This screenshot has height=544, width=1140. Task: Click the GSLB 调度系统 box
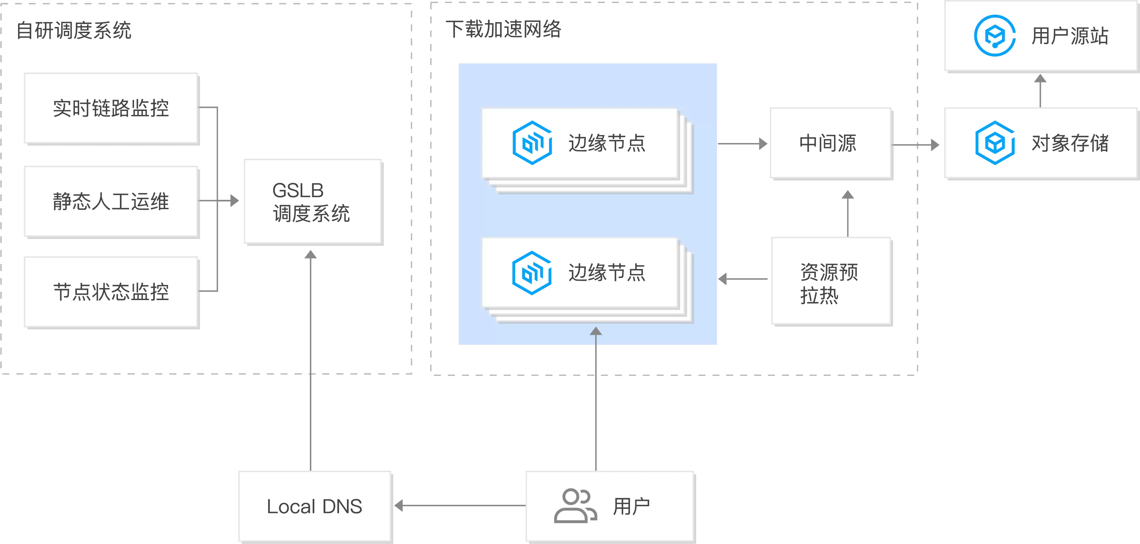(x=313, y=202)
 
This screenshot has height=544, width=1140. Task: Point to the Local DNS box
(x=315, y=506)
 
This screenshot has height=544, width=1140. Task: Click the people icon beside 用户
(x=575, y=506)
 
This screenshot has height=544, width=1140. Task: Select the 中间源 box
(x=831, y=143)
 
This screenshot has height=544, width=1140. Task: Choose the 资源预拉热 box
(x=831, y=281)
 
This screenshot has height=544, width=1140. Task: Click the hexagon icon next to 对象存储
(x=995, y=143)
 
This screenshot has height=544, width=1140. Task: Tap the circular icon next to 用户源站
(x=994, y=36)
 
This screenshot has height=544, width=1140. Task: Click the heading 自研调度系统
(x=74, y=30)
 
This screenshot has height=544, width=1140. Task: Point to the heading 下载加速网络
(x=503, y=29)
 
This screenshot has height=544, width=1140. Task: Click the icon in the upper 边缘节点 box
(x=532, y=143)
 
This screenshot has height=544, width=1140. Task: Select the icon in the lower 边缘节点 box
(x=532, y=273)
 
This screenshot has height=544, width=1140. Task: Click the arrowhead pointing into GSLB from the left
(x=234, y=201)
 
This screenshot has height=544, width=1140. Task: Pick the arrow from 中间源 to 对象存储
(x=916, y=145)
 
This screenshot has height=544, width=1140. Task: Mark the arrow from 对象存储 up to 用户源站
(x=1040, y=91)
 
